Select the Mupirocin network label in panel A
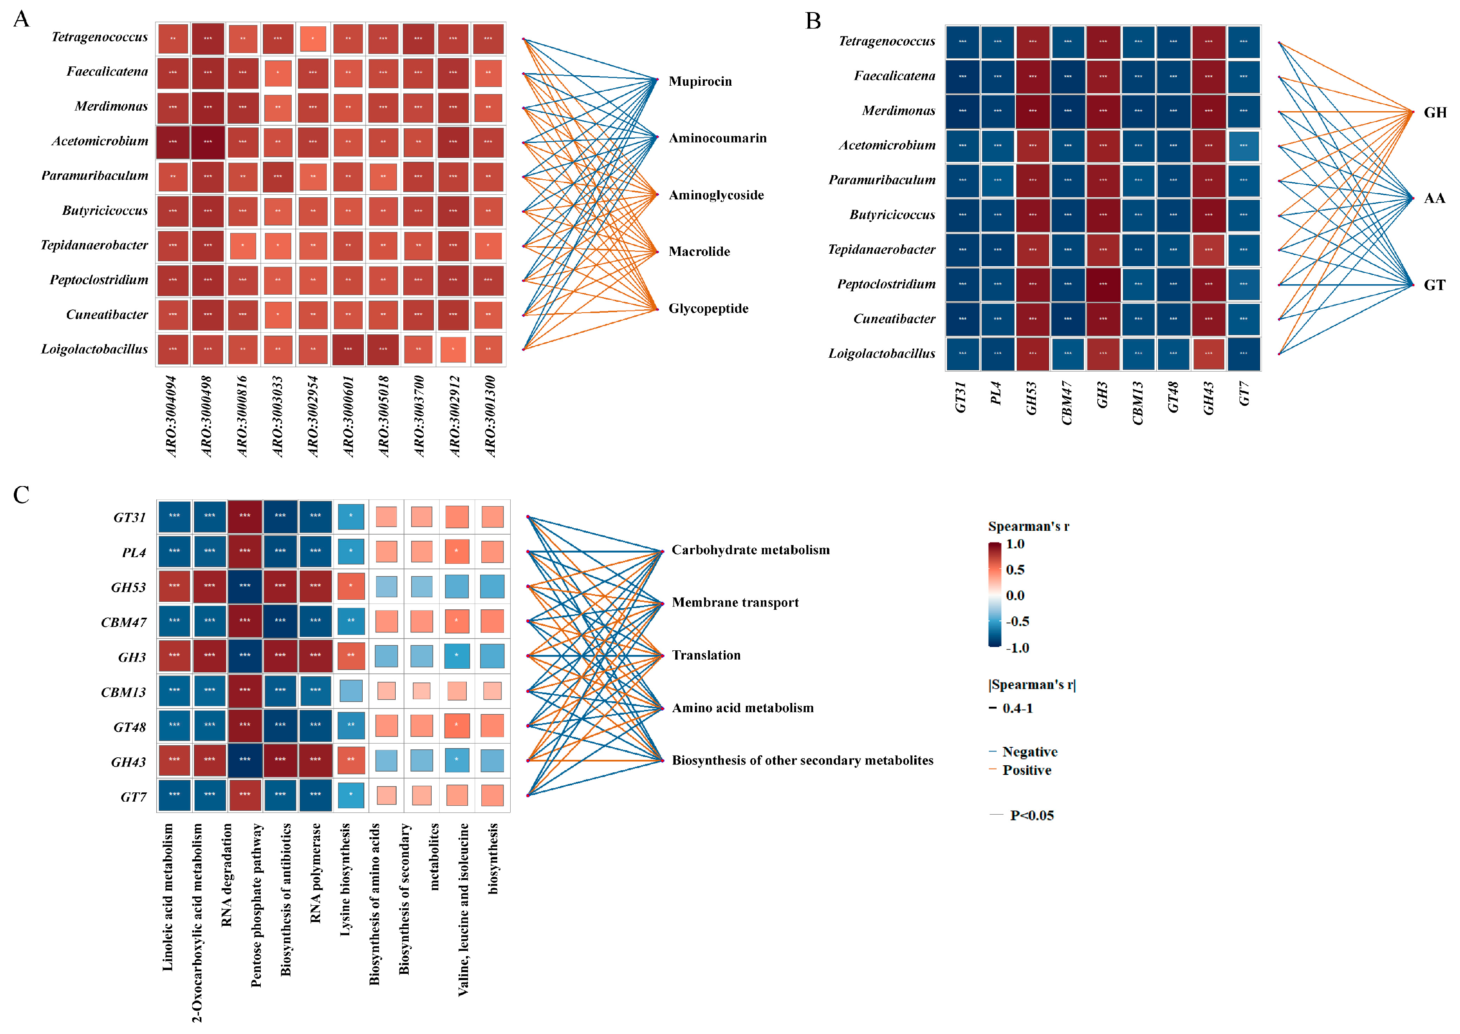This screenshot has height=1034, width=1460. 700,81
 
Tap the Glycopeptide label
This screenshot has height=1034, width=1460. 708,309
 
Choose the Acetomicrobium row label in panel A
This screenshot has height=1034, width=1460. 100,141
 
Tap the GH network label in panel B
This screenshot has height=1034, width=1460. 1435,113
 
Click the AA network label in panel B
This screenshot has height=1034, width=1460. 1435,199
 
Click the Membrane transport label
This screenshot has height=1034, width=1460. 735,603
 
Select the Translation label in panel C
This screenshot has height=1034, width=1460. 707,655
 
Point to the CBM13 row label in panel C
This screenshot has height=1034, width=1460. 123,692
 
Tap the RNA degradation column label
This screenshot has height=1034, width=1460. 226,875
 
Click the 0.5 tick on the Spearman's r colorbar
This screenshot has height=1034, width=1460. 1015,570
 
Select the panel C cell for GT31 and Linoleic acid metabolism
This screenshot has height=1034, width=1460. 174,516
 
